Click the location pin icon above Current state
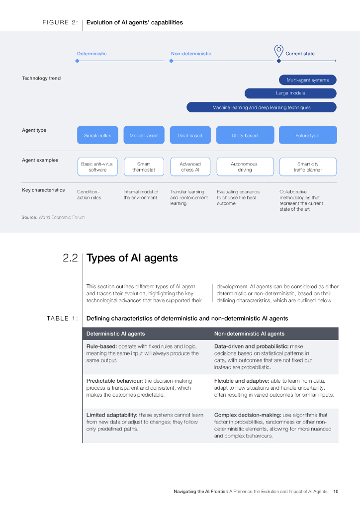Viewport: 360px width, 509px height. coord(278,51)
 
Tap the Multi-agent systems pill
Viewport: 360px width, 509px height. coord(308,80)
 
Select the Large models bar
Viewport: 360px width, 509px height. coord(290,93)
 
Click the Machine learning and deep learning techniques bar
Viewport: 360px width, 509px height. coord(261,107)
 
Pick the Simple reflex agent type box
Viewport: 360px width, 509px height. coord(97,135)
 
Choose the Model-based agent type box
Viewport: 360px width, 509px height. coord(143,135)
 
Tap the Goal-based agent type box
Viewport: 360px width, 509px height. coord(190,135)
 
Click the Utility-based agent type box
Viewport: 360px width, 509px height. coord(245,135)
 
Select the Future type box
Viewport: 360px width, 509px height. coord(307,135)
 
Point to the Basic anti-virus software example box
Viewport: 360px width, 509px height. coord(97,167)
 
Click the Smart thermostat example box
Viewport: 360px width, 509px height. coord(143,167)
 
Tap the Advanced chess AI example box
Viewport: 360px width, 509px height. coord(190,167)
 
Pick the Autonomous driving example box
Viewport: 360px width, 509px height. coord(245,167)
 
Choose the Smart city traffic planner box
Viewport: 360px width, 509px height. coord(308,167)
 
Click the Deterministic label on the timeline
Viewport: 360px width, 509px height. coord(91,54)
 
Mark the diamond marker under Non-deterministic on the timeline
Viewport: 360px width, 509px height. coord(171,61)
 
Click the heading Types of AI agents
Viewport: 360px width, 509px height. coord(132,258)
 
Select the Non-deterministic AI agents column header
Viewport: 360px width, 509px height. coord(249,334)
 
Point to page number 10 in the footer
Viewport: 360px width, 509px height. coord(336,492)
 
